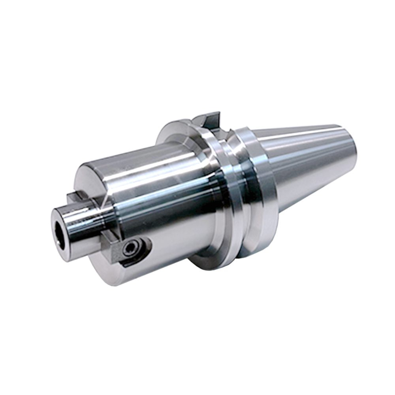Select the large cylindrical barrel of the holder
166,197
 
